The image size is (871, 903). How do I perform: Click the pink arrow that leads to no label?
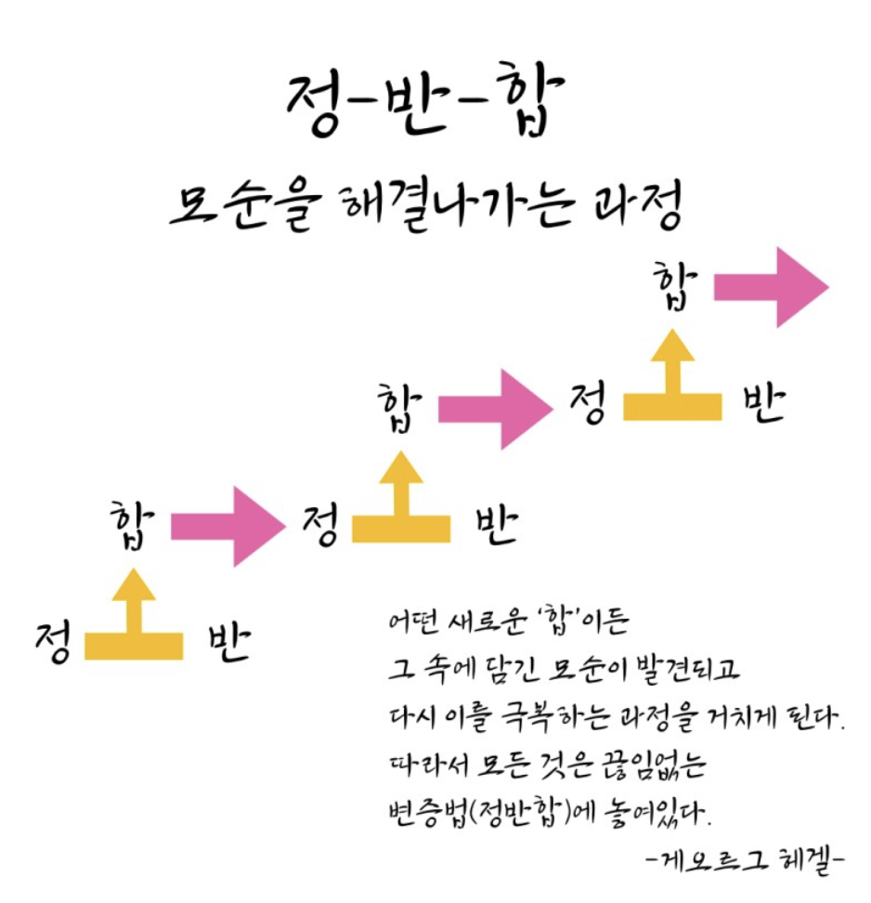point(770,287)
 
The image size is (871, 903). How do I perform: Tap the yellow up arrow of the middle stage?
point(401,505)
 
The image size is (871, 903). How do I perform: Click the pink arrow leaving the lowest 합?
point(227,526)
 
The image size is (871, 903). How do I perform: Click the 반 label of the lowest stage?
point(228,641)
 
